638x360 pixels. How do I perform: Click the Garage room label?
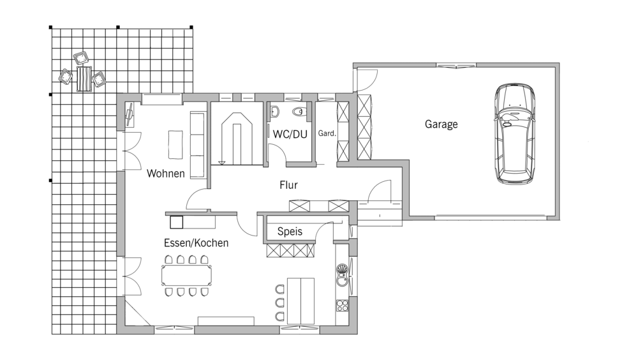click(441, 124)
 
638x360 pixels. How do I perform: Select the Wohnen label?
click(166, 174)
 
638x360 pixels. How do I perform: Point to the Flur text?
click(288, 185)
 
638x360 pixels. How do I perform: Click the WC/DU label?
click(290, 135)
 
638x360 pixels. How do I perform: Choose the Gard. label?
click(327, 133)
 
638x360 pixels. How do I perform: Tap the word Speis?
click(290, 232)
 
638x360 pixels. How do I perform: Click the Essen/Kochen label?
click(196, 243)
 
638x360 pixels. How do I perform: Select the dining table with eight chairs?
click(186, 276)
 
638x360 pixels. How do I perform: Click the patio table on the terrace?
click(84, 79)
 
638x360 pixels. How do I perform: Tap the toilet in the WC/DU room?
click(299, 111)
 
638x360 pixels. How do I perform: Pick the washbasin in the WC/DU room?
click(274, 111)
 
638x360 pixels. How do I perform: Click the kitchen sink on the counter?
click(342, 274)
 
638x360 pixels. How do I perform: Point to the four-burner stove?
click(342, 306)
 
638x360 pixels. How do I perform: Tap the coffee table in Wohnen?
click(175, 144)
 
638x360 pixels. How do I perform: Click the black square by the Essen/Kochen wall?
click(176, 222)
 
